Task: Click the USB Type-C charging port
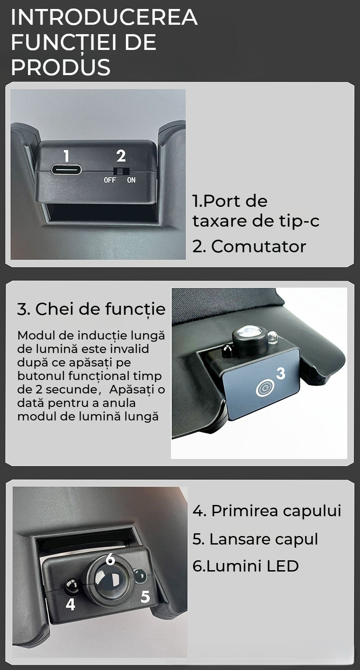tap(66, 170)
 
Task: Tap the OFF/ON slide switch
tap(121, 171)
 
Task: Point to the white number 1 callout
tap(67, 156)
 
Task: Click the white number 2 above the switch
tap(121, 156)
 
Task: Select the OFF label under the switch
tap(110, 180)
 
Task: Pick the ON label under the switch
tap(131, 180)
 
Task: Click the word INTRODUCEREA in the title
tap(104, 18)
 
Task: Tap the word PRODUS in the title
tap(61, 67)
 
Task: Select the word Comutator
tap(258, 246)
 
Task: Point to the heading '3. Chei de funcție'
tap(91, 308)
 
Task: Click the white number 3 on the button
tap(280, 373)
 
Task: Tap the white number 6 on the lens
tap(110, 559)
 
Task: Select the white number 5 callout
tap(145, 597)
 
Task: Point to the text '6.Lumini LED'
tap(245, 566)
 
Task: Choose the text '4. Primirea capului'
tap(267, 511)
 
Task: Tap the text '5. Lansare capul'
tap(255, 539)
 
